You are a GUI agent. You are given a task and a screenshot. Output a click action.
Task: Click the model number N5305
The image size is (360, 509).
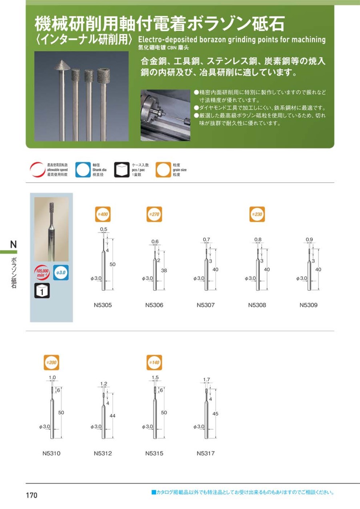click(x=103, y=305)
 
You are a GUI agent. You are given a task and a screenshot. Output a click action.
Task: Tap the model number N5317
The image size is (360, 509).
click(x=206, y=453)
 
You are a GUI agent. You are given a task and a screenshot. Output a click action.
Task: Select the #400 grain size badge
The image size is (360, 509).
click(x=103, y=214)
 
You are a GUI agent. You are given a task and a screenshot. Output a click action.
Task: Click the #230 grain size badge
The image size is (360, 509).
click(x=257, y=214)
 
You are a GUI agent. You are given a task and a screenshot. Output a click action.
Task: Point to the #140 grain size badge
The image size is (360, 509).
click(x=154, y=363)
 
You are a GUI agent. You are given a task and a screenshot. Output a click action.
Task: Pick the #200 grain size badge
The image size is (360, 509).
click(x=52, y=363)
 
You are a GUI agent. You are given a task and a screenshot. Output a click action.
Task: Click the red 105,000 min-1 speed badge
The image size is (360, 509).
click(x=42, y=272)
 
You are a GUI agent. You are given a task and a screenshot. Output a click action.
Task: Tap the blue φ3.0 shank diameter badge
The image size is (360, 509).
click(x=61, y=273)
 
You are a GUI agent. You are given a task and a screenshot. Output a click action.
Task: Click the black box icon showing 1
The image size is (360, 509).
click(x=42, y=291)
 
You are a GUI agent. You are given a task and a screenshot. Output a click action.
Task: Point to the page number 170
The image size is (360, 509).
click(x=32, y=495)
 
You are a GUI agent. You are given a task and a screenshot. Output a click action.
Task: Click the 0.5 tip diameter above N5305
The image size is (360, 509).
click(x=104, y=229)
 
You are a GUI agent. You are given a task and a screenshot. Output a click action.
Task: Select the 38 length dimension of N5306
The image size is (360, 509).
click(x=164, y=271)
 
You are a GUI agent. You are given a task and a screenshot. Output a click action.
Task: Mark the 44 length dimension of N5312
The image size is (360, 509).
click(x=112, y=416)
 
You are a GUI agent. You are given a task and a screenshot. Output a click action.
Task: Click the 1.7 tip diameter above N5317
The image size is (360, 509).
click(x=206, y=379)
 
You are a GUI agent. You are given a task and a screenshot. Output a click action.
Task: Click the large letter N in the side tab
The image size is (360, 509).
click(x=14, y=244)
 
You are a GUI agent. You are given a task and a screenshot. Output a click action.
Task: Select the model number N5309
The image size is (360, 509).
click(x=308, y=305)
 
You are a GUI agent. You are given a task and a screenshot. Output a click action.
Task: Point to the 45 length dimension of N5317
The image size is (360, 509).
click(x=215, y=414)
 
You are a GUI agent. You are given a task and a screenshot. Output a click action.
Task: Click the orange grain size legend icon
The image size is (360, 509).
click(x=163, y=170)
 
